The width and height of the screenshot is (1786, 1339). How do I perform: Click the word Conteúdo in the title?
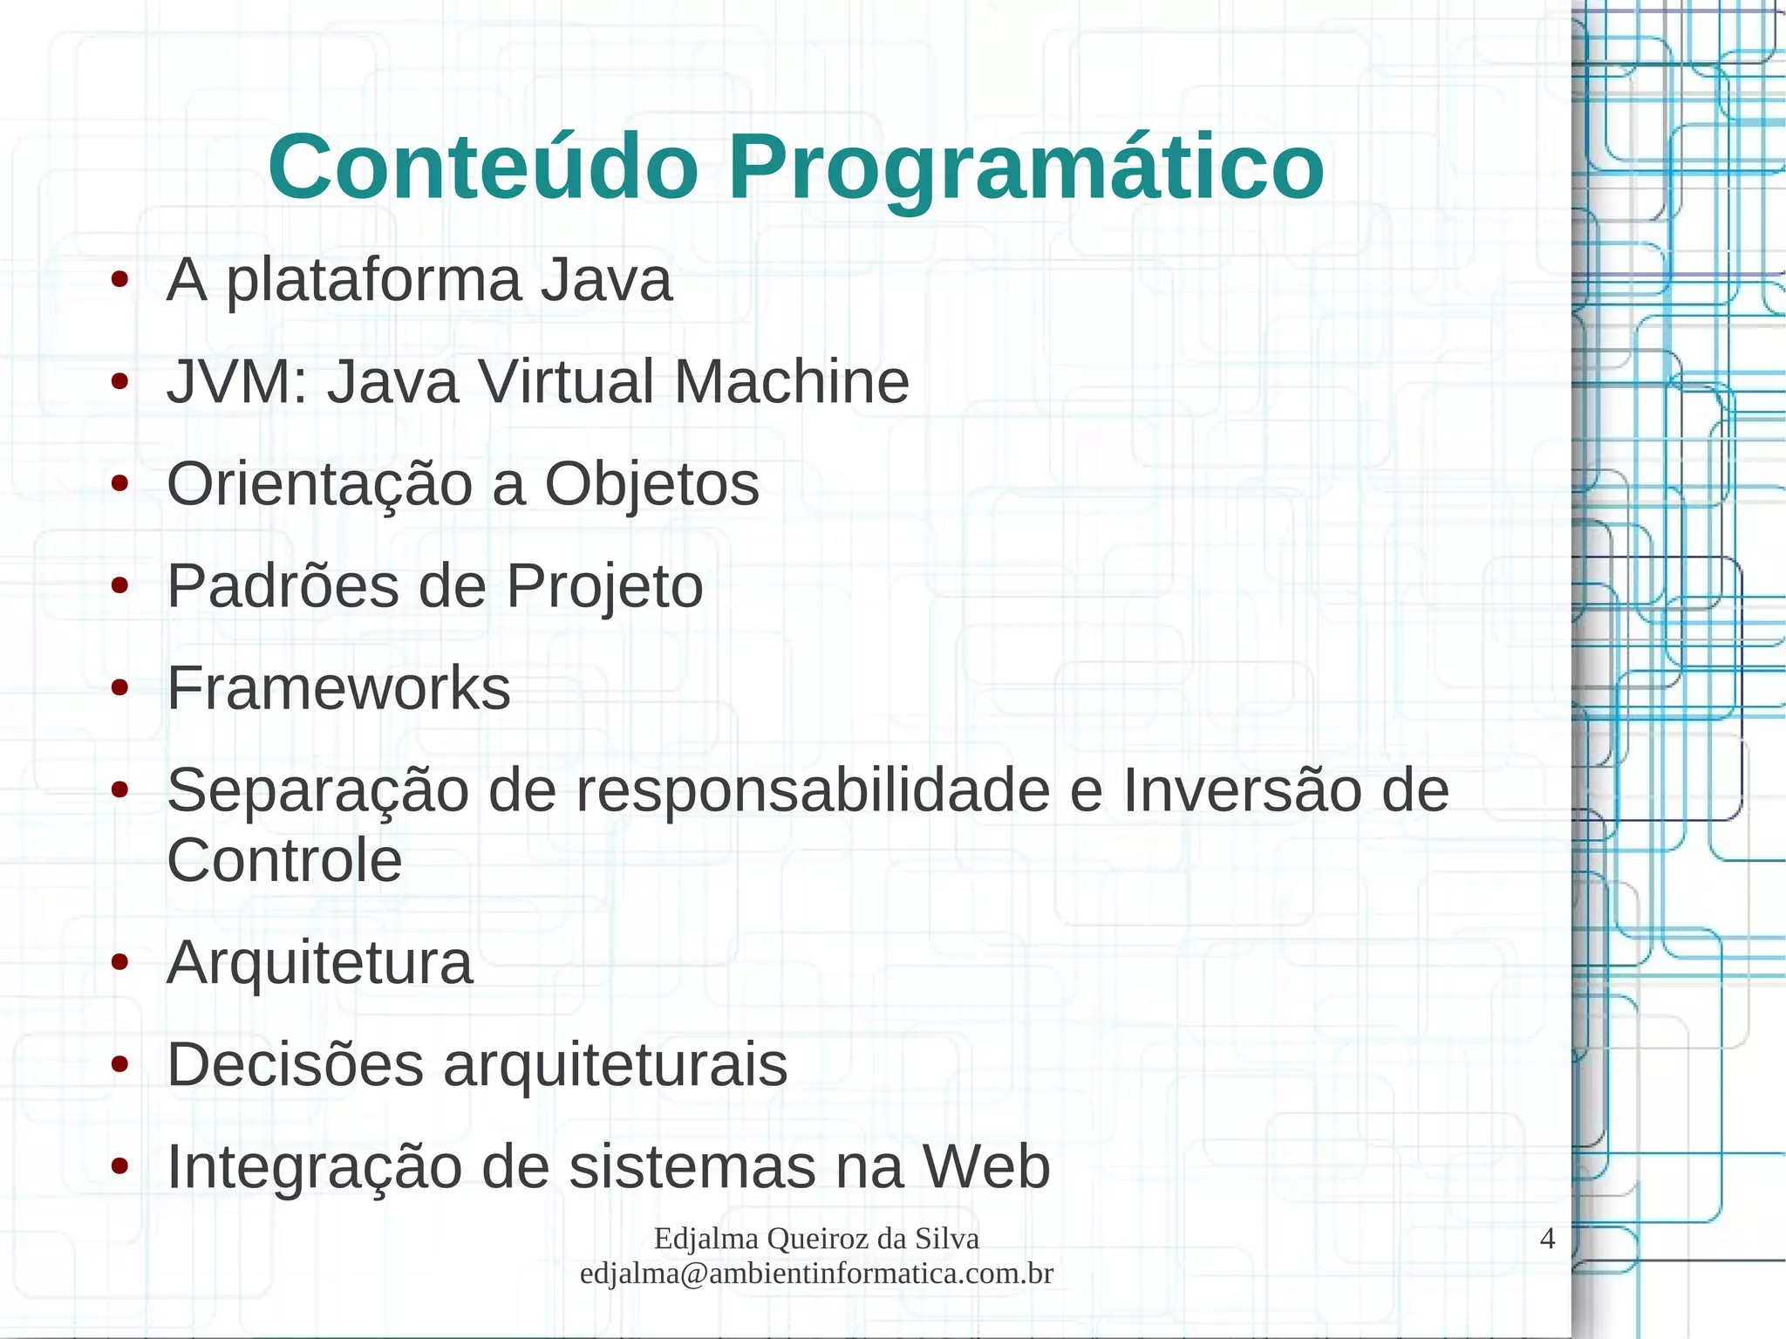(483, 167)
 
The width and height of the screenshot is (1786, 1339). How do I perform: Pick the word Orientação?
(319, 485)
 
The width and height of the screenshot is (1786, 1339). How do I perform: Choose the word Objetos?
(651, 485)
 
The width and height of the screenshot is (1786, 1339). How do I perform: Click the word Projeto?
(604, 586)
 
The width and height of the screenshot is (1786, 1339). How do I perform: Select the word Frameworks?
(338, 688)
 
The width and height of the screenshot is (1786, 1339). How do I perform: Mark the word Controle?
(284, 860)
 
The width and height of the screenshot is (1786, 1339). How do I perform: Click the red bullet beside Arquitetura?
(120, 963)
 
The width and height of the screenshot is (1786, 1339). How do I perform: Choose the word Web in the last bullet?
(986, 1166)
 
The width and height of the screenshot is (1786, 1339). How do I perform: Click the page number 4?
(1547, 1239)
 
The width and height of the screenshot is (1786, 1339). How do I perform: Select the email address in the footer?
(816, 1274)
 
